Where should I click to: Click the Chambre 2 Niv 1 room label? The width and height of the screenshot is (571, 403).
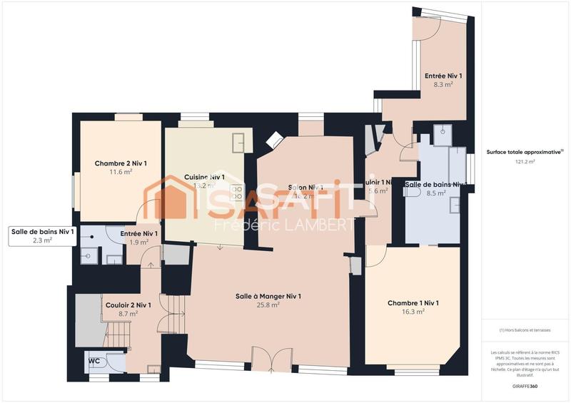click(121, 163)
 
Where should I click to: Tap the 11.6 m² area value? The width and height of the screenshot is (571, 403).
click(121, 172)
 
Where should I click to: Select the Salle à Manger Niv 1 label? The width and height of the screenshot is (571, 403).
click(268, 296)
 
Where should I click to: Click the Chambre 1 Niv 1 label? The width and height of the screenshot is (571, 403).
click(413, 303)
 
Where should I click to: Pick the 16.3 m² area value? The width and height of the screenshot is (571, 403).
click(413, 312)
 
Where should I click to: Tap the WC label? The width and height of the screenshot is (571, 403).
click(94, 361)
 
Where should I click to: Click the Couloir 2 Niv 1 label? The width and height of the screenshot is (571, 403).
click(128, 305)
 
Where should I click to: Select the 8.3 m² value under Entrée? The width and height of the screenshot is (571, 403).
click(443, 84)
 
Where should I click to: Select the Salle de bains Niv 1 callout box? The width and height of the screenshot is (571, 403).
click(42, 235)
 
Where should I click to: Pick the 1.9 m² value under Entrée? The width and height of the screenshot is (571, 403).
click(138, 242)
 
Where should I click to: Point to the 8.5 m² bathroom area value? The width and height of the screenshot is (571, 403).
click(435, 193)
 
